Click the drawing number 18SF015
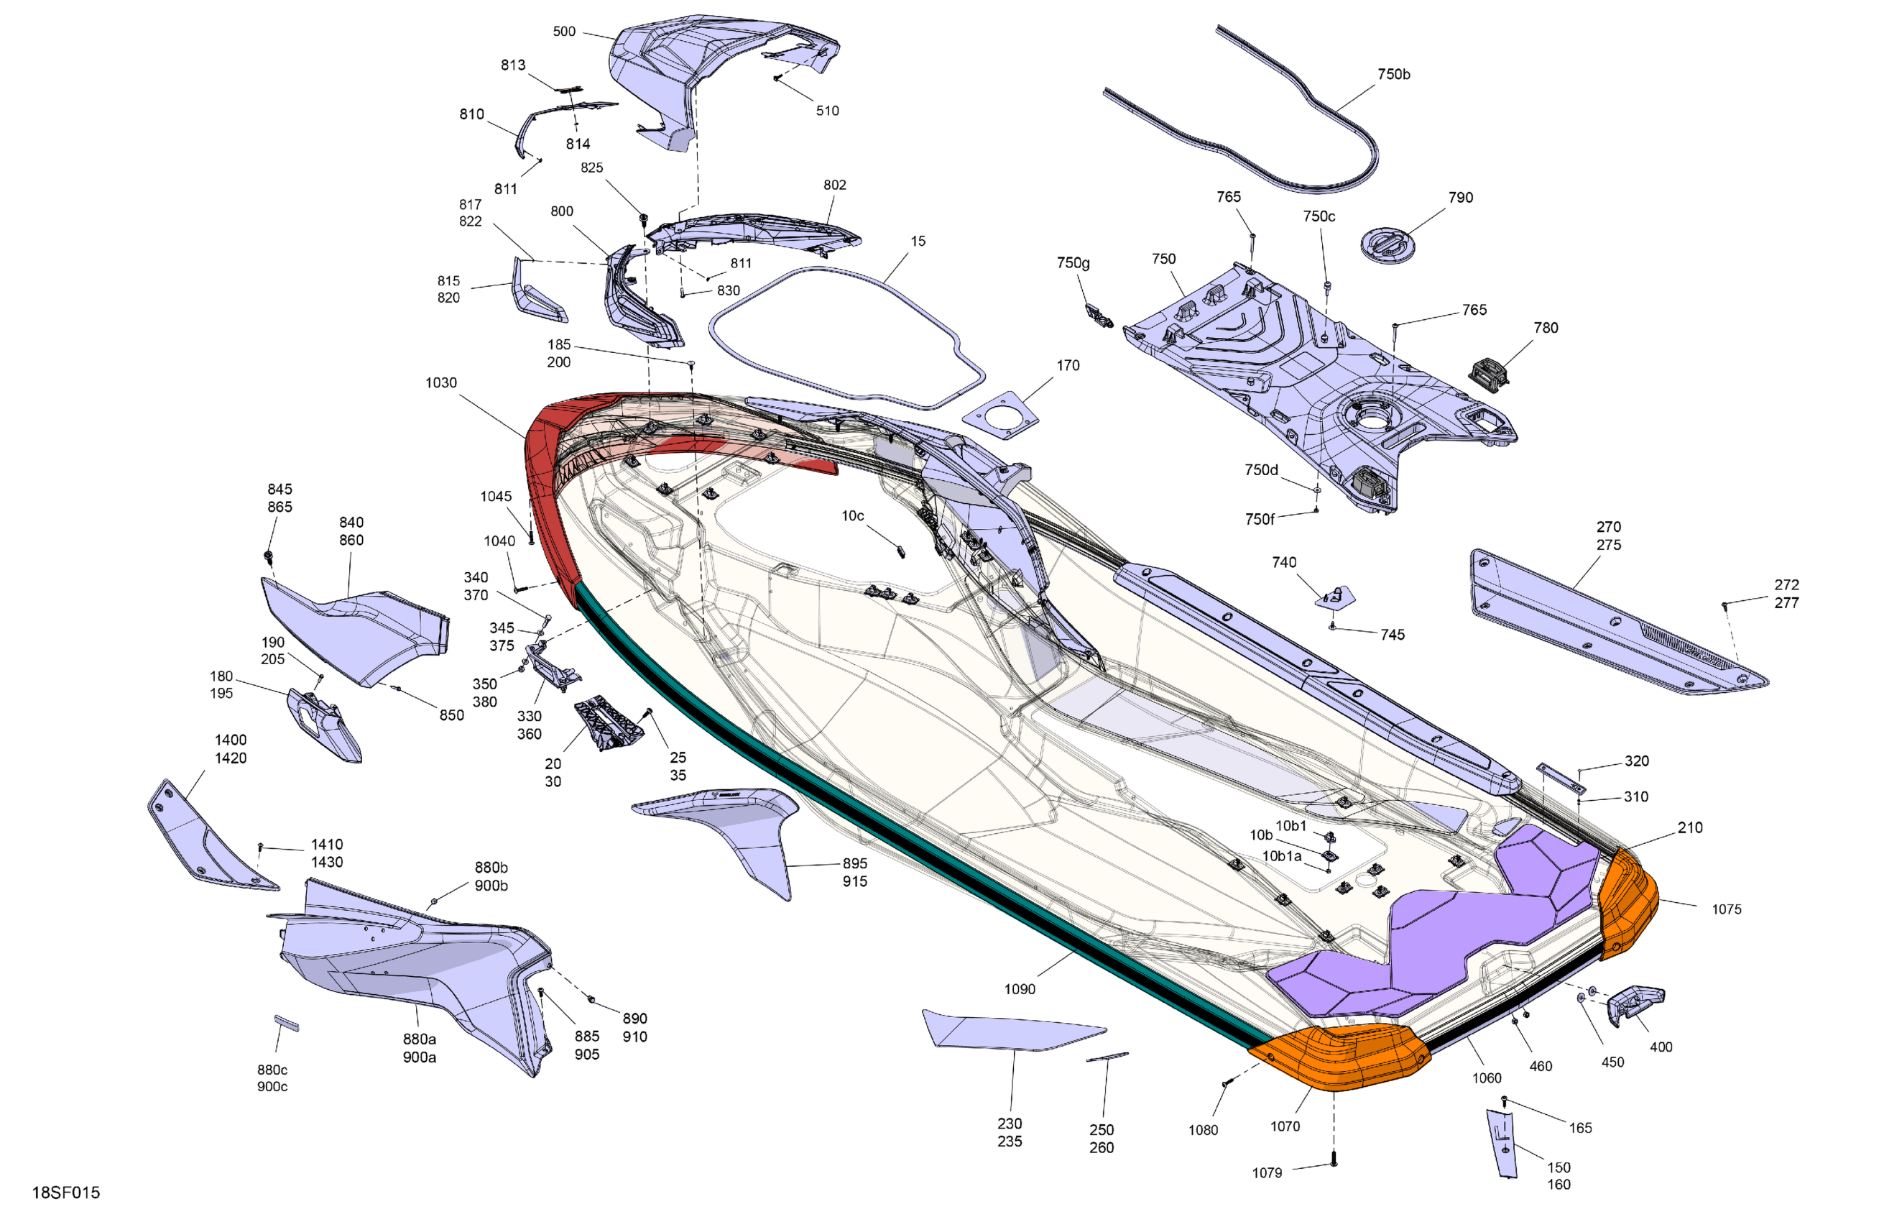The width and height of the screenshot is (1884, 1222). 65,1193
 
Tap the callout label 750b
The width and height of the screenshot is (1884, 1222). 1393,75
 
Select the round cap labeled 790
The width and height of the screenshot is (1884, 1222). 1385,244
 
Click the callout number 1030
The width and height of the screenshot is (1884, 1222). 441,382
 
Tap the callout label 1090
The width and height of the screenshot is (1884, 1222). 1020,989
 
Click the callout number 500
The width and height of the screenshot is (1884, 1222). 563,32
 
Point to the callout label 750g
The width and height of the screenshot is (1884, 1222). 1073,263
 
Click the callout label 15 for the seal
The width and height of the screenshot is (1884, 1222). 918,241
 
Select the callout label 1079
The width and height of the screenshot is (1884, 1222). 1267,1173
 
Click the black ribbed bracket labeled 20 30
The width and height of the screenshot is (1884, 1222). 606,722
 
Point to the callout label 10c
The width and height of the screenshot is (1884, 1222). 853,516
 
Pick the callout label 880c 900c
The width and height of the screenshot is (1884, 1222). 272,1078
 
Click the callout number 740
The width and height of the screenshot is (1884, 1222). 1284,562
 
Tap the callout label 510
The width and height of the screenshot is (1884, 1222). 827,111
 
